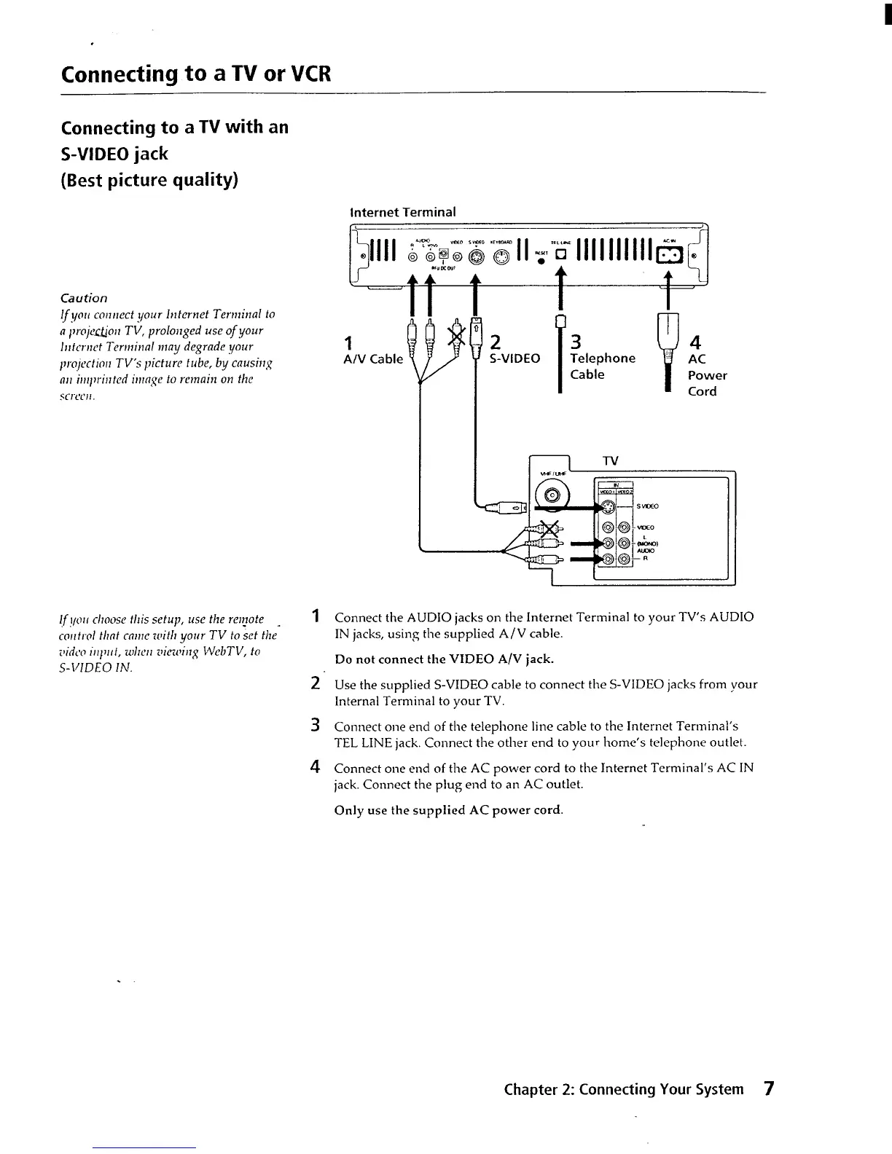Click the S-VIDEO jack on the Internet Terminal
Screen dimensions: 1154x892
[475, 256]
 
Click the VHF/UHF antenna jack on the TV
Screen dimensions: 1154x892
[552, 497]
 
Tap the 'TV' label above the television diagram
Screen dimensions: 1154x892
[611, 460]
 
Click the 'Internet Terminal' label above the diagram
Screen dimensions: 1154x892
[403, 212]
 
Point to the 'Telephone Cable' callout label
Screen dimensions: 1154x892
[602, 366]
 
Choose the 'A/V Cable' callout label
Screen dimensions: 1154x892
[373, 358]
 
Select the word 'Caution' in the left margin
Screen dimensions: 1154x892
[84, 298]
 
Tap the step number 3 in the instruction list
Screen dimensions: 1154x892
[316, 725]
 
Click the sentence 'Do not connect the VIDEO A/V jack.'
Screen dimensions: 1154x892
[444, 659]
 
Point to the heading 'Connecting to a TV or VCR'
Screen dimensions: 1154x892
[197, 74]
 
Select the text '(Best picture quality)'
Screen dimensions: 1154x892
[149, 180]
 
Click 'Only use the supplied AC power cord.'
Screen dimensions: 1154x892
[448, 810]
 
